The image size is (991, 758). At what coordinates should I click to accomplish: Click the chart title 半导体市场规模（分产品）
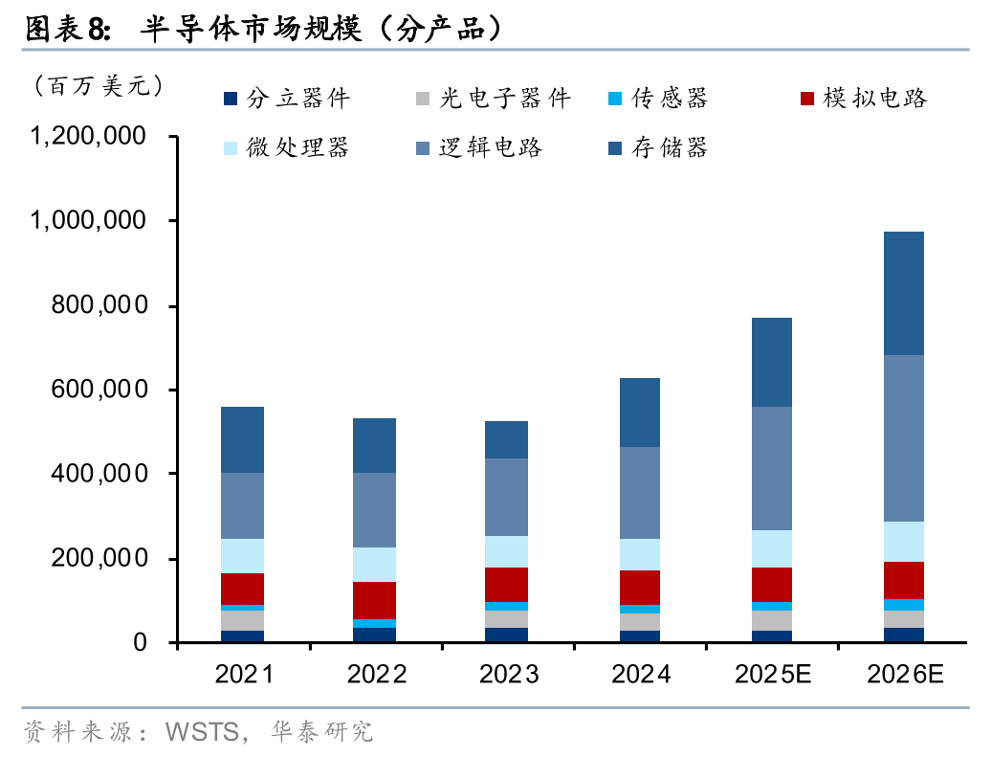321,29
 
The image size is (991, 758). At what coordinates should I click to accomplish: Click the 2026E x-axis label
905,675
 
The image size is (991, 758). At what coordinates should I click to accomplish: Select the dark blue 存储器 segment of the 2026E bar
903,293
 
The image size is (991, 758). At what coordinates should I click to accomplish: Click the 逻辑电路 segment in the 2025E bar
771,468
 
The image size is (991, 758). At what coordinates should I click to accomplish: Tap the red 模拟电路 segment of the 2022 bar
374,600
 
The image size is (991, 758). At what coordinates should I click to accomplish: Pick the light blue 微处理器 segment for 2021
242,556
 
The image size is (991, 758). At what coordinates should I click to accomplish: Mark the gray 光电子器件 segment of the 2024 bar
639,622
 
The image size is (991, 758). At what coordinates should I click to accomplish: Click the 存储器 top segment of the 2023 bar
507,439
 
